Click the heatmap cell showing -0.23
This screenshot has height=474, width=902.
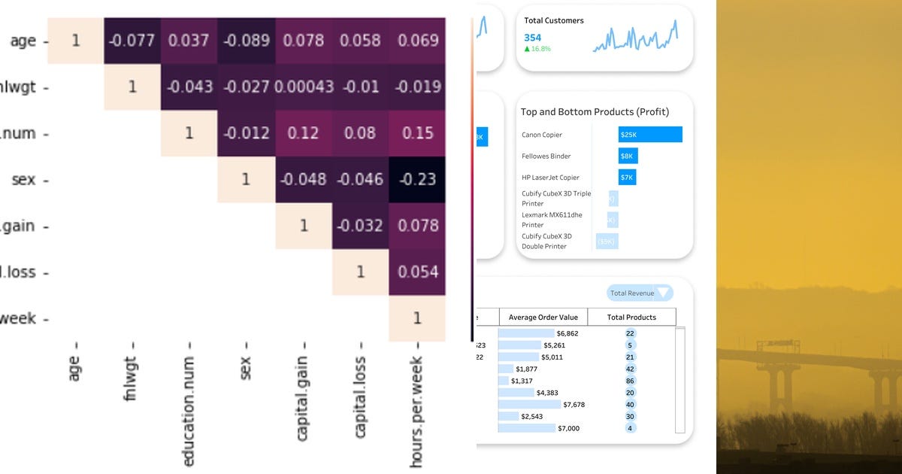click(417, 179)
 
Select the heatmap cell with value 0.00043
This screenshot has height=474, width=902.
click(304, 87)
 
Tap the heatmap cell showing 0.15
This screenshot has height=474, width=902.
click(417, 132)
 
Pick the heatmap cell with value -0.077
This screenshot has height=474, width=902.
click(132, 41)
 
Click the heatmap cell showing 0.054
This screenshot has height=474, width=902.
click(417, 272)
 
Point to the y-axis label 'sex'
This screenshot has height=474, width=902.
click(23, 180)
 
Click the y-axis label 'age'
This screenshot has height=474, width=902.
click(23, 41)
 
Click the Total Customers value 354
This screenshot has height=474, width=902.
click(532, 38)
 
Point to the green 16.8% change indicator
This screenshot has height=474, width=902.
click(537, 49)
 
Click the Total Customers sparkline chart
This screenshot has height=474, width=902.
click(635, 38)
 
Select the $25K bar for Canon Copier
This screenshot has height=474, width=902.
click(650, 135)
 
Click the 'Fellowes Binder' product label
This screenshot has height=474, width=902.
click(546, 156)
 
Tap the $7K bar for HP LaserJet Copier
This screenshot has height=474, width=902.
click(627, 178)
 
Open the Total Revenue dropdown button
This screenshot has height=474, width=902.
click(640, 293)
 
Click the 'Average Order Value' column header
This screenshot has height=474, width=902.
click(543, 317)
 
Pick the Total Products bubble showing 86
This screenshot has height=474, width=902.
click(630, 381)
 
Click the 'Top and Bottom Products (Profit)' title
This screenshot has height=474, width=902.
click(595, 112)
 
